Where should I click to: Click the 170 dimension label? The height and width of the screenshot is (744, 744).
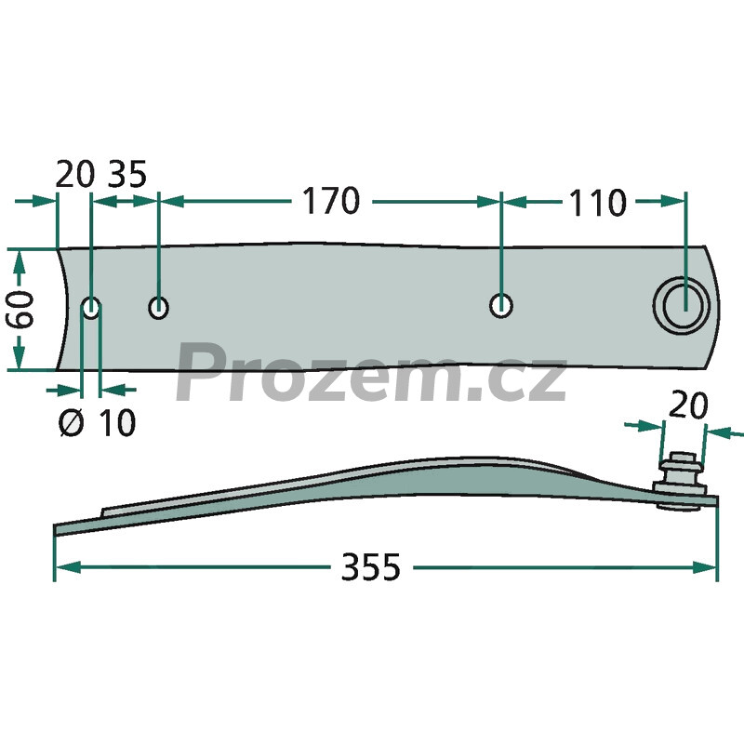click(331, 201)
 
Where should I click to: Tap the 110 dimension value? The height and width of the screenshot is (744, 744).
click(597, 203)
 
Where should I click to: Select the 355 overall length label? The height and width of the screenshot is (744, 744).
click(370, 567)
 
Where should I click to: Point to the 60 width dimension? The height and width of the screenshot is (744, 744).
click(20, 310)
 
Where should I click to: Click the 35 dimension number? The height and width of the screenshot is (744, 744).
click(127, 174)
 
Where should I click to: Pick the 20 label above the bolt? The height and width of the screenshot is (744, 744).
click(688, 405)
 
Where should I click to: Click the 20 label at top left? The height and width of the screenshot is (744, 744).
click(75, 174)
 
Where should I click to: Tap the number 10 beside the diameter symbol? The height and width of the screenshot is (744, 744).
click(117, 422)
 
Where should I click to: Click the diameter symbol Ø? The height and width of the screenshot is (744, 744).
click(72, 422)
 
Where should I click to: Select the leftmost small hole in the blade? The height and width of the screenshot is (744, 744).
click(91, 308)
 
